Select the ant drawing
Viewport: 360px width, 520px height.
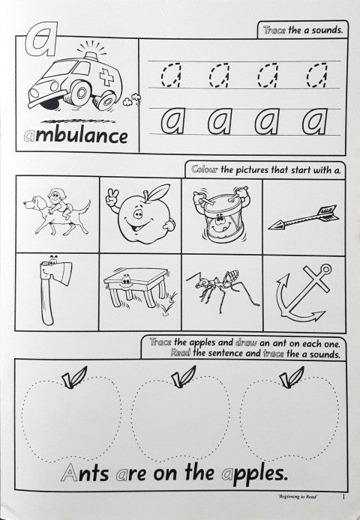point(221,292)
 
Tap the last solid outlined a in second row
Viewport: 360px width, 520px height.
point(316,119)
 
